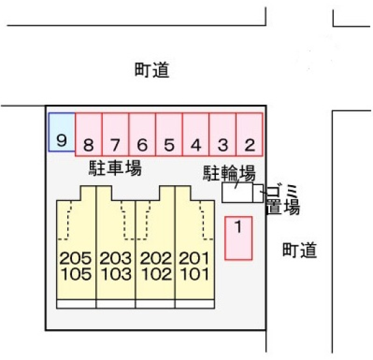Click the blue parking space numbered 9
click(x=62, y=132)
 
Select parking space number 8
click(x=88, y=134)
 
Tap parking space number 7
click(x=115, y=134)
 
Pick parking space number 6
click(x=142, y=134)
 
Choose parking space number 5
click(x=169, y=134)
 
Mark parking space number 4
click(x=196, y=134)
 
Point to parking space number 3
click(x=223, y=134)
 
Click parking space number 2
click(x=250, y=134)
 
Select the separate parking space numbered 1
click(x=239, y=238)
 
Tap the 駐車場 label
click(x=115, y=168)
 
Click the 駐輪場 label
click(x=229, y=173)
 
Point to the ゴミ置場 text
click(x=282, y=200)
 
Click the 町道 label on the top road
click(x=152, y=70)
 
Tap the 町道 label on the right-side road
click(x=300, y=250)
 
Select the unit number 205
click(x=75, y=259)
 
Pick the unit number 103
click(x=116, y=274)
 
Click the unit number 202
click(x=156, y=259)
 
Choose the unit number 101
click(x=195, y=274)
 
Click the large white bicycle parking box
click(x=237, y=193)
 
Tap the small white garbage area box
click(x=258, y=193)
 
